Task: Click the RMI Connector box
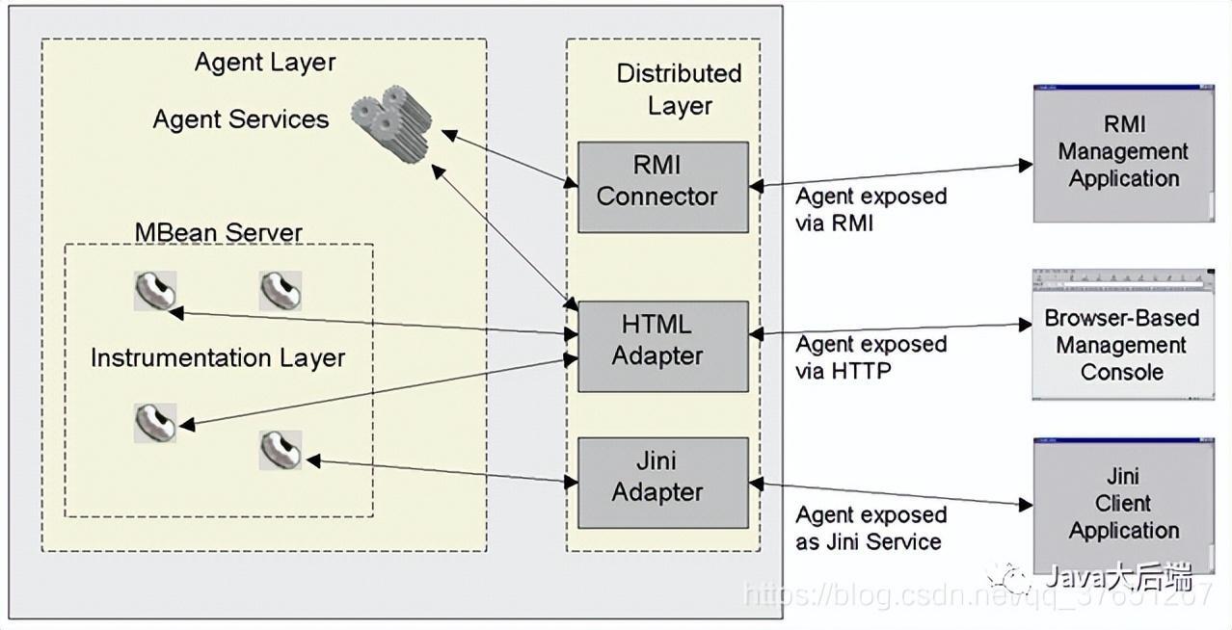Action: [x=662, y=187]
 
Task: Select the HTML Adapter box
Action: [x=662, y=345]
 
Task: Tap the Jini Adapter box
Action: [x=662, y=482]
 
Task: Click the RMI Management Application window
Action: [x=1123, y=154]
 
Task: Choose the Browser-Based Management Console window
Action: [x=1122, y=337]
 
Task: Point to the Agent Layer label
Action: [x=265, y=63]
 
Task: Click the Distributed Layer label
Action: [x=679, y=90]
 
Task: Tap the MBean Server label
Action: [x=219, y=232]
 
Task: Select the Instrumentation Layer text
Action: [x=218, y=358]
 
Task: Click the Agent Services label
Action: [x=241, y=119]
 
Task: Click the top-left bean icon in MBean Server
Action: [x=154, y=291]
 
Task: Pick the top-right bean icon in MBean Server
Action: [x=281, y=291]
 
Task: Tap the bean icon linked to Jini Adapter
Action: [x=281, y=450]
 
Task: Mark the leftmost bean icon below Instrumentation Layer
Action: [x=154, y=422]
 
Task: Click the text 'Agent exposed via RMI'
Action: [x=870, y=209]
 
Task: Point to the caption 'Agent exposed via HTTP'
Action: [x=870, y=356]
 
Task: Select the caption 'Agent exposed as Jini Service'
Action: [x=870, y=528]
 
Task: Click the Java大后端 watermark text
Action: [x=1118, y=578]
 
